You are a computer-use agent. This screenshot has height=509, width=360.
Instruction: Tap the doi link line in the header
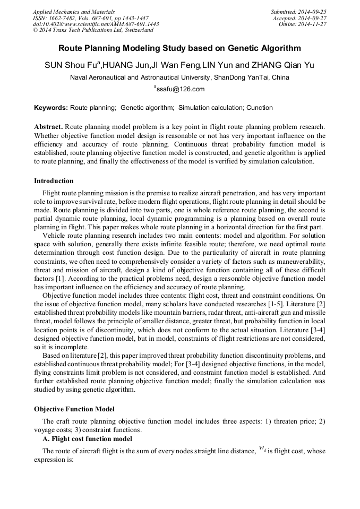pyautogui.click(x=96, y=24)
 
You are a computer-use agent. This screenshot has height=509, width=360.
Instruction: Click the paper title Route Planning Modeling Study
pyautogui.click(x=179, y=48)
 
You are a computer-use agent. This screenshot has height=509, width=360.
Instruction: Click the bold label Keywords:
pyautogui.click(x=51, y=108)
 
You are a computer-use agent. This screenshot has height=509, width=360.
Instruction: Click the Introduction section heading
pyautogui.click(x=54, y=181)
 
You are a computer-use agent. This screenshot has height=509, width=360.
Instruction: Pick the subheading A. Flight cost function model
pyautogui.click(x=87, y=439)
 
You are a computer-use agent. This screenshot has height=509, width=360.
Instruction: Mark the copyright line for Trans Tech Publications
pyautogui.click(x=93, y=30)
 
